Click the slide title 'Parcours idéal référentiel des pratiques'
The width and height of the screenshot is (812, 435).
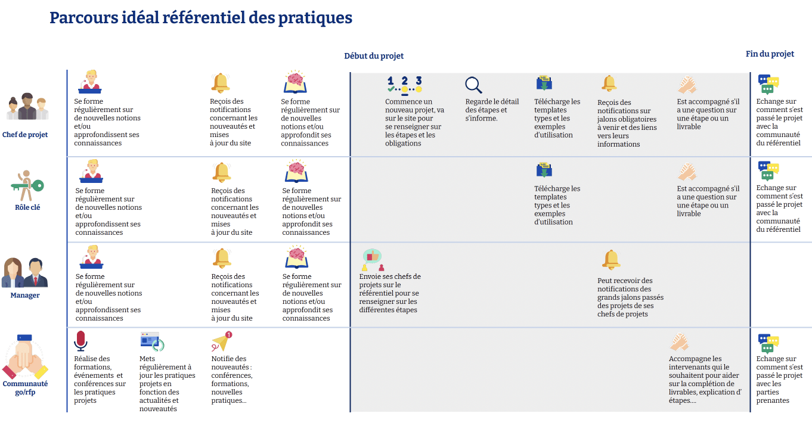pyautogui.click(x=201, y=18)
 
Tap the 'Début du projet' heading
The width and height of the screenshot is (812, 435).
pyautogui.click(x=374, y=56)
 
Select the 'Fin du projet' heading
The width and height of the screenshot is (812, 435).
pyautogui.click(x=770, y=54)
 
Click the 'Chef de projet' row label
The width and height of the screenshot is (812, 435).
pyautogui.click(x=25, y=135)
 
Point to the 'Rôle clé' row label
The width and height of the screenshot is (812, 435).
pyautogui.click(x=27, y=207)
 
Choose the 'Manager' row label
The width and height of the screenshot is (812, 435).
pyautogui.click(x=25, y=295)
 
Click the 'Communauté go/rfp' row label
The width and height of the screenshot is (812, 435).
pyautogui.click(x=25, y=388)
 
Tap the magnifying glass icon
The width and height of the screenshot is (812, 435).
pyautogui.click(x=473, y=85)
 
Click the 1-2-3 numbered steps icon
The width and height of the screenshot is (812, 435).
pyautogui.click(x=404, y=84)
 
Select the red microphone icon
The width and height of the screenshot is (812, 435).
pyautogui.click(x=81, y=341)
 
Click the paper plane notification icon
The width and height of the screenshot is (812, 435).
pyautogui.click(x=222, y=342)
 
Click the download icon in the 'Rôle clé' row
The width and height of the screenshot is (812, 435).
pyautogui.click(x=544, y=170)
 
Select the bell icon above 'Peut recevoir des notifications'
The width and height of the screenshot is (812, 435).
pyautogui.click(x=611, y=260)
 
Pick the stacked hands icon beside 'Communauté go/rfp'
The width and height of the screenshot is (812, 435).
pyautogui.click(x=24, y=358)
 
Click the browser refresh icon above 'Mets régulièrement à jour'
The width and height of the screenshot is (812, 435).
pyautogui.click(x=152, y=341)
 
